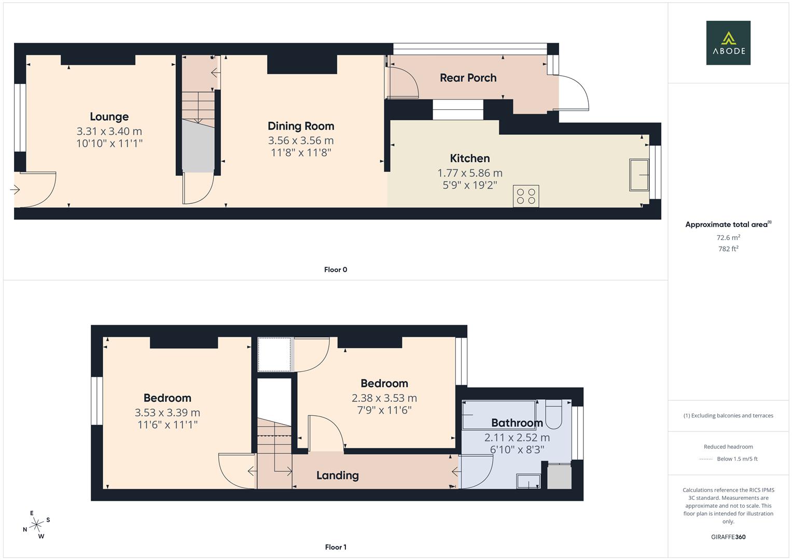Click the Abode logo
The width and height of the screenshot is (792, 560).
pos(728,43)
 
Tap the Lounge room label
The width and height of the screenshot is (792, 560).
pos(109,117)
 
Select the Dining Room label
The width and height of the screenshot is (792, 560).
pos(301,126)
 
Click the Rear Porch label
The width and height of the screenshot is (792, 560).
pos(468,78)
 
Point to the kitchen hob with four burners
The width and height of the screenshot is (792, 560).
pos(526,196)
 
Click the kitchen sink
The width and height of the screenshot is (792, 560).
pos(639,175)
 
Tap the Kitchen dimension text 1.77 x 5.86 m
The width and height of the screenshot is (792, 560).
pos(470,173)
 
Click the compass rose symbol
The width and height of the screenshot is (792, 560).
pos(36,525)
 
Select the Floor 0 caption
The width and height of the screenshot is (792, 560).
pos(336,270)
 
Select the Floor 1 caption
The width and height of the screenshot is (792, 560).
pos(336,547)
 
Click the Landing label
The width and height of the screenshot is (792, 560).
pos(337,475)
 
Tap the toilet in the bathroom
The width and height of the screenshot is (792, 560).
pos(553,414)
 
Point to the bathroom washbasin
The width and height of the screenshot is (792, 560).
pos(528,482)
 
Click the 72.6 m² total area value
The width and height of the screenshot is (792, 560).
pos(728,237)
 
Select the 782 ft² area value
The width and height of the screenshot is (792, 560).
pos(728,249)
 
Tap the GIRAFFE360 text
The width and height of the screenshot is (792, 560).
pos(728,537)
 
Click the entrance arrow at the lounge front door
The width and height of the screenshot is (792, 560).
pos(15,190)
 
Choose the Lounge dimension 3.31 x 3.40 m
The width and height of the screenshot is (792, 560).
pos(109,132)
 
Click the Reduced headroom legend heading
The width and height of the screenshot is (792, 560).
pos(728,446)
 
